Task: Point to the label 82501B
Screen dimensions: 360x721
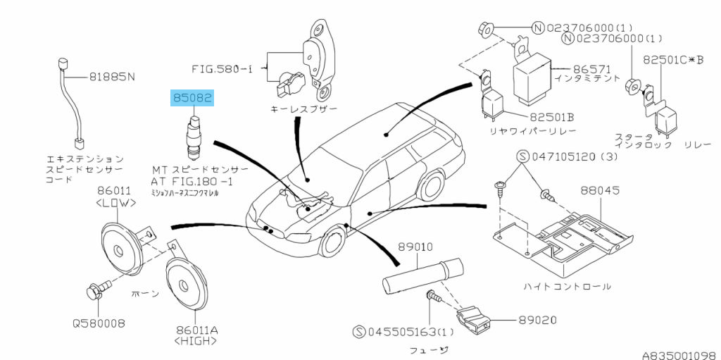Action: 552,116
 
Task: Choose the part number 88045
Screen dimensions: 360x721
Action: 599,190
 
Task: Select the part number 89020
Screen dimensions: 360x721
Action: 538,320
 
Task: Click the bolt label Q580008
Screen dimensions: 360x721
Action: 98,324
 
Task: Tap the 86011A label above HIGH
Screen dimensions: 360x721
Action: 192,329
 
